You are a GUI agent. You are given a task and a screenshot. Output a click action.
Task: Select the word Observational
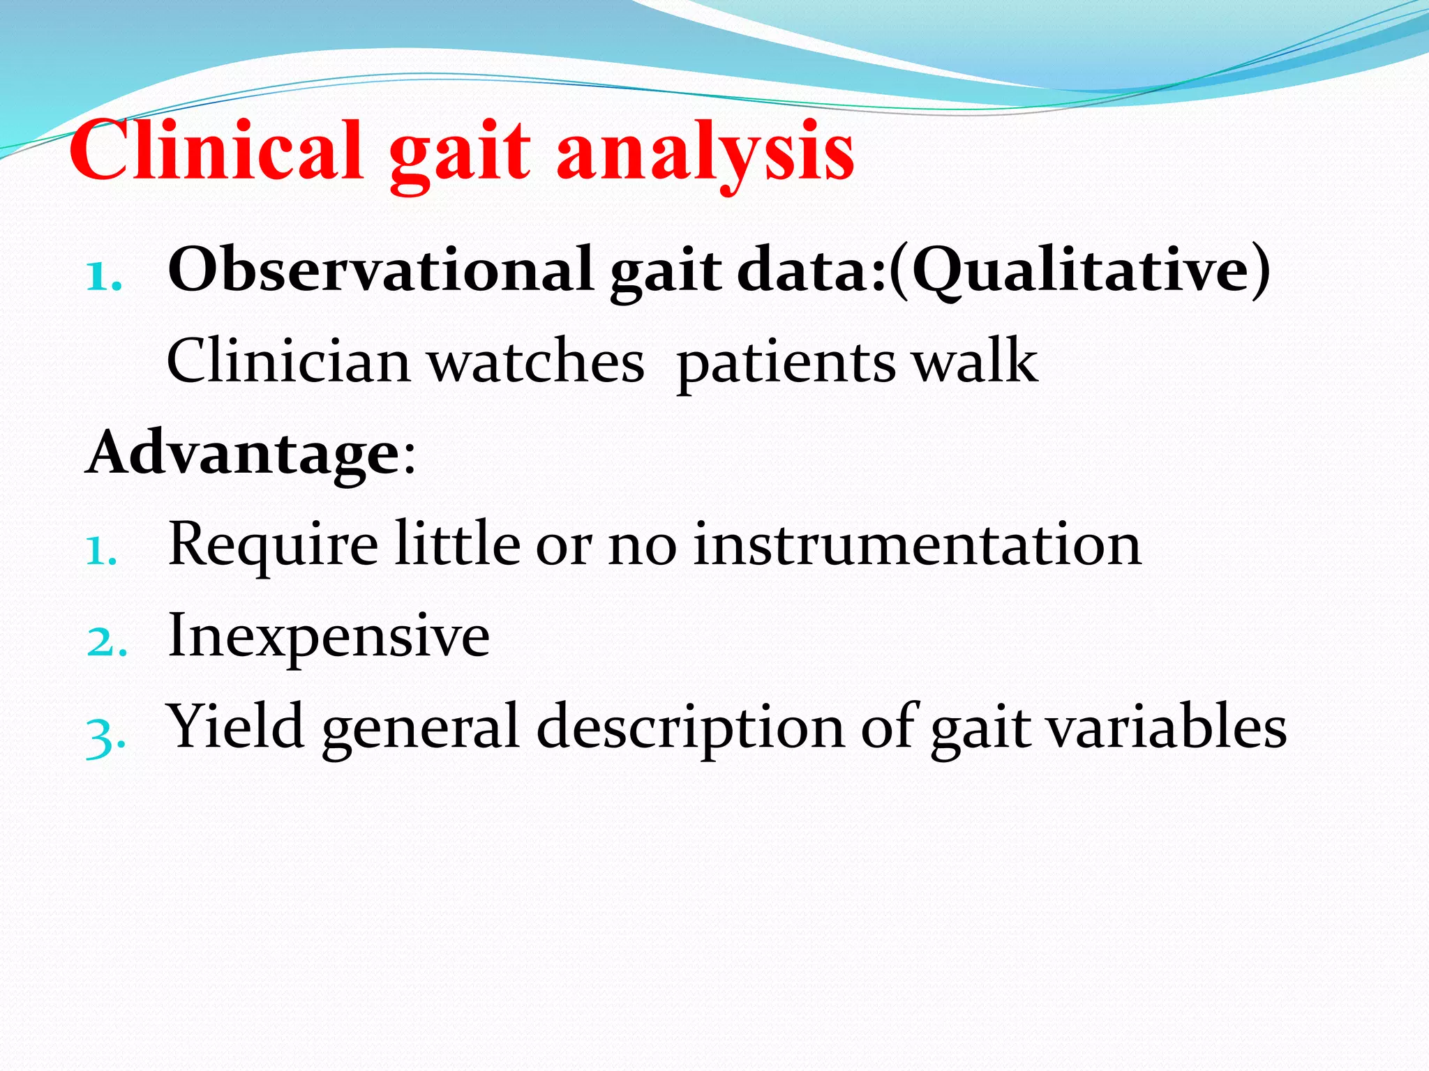pyautogui.click(x=380, y=271)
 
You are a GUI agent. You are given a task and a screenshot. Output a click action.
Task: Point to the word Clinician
pyautogui.click(x=288, y=361)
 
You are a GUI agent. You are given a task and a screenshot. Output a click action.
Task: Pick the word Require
pyautogui.click(x=274, y=545)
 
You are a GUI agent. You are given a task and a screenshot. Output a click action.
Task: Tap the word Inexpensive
pyautogui.click(x=329, y=636)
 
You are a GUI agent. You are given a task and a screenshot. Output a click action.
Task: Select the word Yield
pyautogui.click(x=237, y=727)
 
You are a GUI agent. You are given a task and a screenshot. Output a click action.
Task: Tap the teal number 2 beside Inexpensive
pyautogui.click(x=106, y=642)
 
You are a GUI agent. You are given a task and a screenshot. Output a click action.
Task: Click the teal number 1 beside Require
pyautogui.click(x=100, y=552)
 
